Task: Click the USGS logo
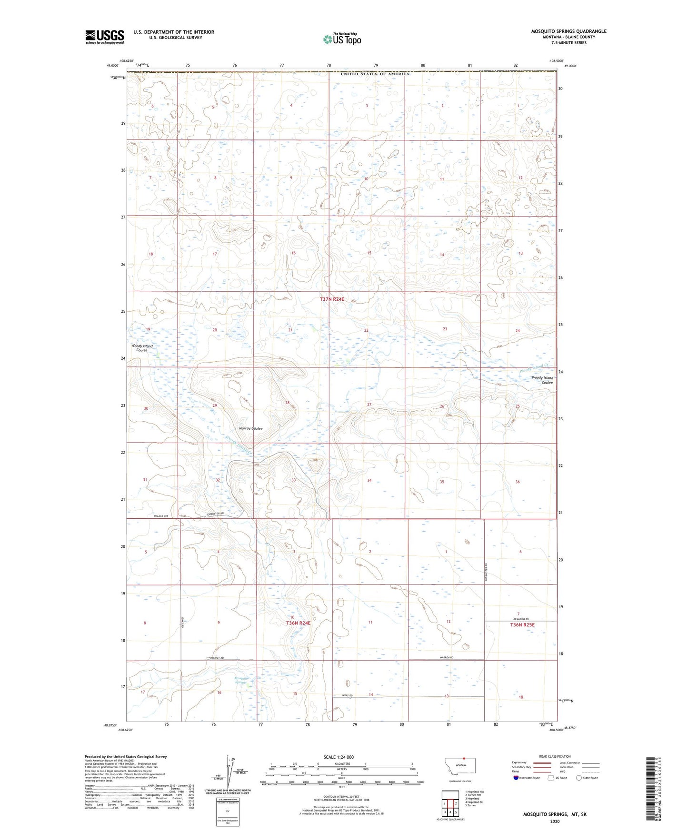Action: pos(105,36)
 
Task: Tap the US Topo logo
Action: pos(341,39)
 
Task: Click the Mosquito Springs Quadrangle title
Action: pos(568,31)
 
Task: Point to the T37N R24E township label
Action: pos(331,299)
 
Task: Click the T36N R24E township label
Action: pos(298,623)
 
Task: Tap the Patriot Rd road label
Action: pos(217,658)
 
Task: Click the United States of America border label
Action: pos(375,74)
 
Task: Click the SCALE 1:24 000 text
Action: pos(338,757)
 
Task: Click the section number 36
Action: pos(518,482)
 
